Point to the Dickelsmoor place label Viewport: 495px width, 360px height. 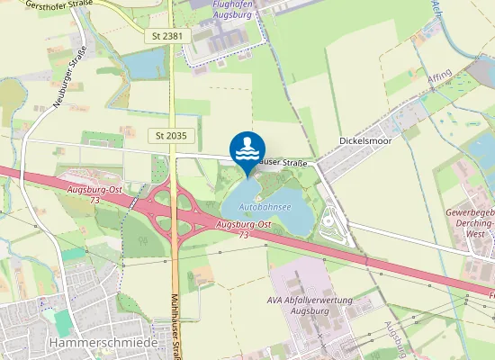tap(365, 140)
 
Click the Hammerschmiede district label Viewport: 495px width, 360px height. tap(91, 343)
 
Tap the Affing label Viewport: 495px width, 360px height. tap(439, 78)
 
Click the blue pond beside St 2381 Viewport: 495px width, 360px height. tap(143, 64)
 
